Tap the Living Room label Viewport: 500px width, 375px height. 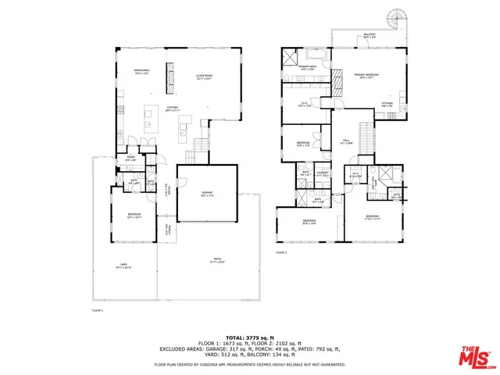click(205, 77)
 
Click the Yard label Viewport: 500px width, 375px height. click(123, 266)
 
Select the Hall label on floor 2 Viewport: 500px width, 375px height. click(345, 142)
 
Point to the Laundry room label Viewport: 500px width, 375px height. click(323, 175)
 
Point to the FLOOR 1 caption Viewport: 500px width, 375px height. click(98, 310)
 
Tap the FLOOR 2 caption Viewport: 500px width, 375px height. click(281, 253)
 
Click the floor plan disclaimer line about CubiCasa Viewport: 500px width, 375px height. click(248, 364)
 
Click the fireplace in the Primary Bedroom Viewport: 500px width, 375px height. click(338, 81)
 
